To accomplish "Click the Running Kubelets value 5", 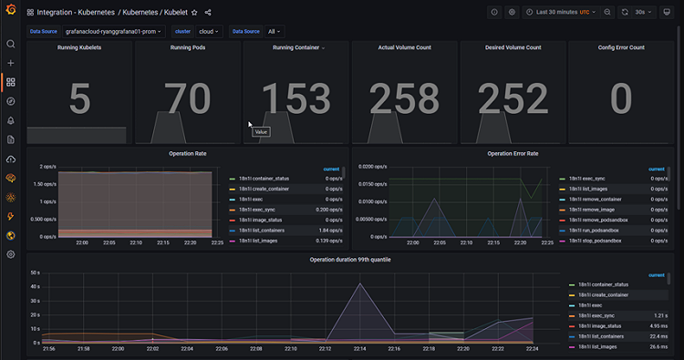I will pyautogui.click(x=79, y=99).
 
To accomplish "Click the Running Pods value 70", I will pyautogui.click(x=188, y=99).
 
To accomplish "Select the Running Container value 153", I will pyautogui.click(x=296, y=99).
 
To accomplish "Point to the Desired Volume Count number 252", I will pyautogui.click(x=513, y=99).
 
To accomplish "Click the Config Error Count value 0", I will pyautogui.click(x=621, y=99).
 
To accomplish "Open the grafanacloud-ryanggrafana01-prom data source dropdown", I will pyautogui.click(x=113, y=31).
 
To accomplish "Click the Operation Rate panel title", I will pyautogui.click(x=188, y=154).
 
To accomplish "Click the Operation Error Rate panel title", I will pyautogui.click(x=513, y=154).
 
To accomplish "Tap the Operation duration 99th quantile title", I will pyautogui.click(x=350, y=260).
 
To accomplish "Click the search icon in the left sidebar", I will pyautogui.click(x=11, y=44).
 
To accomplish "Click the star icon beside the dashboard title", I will pyautogui.click(x=193, y=13).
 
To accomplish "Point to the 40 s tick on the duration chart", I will pyautogui.click(x=34, y=287).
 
